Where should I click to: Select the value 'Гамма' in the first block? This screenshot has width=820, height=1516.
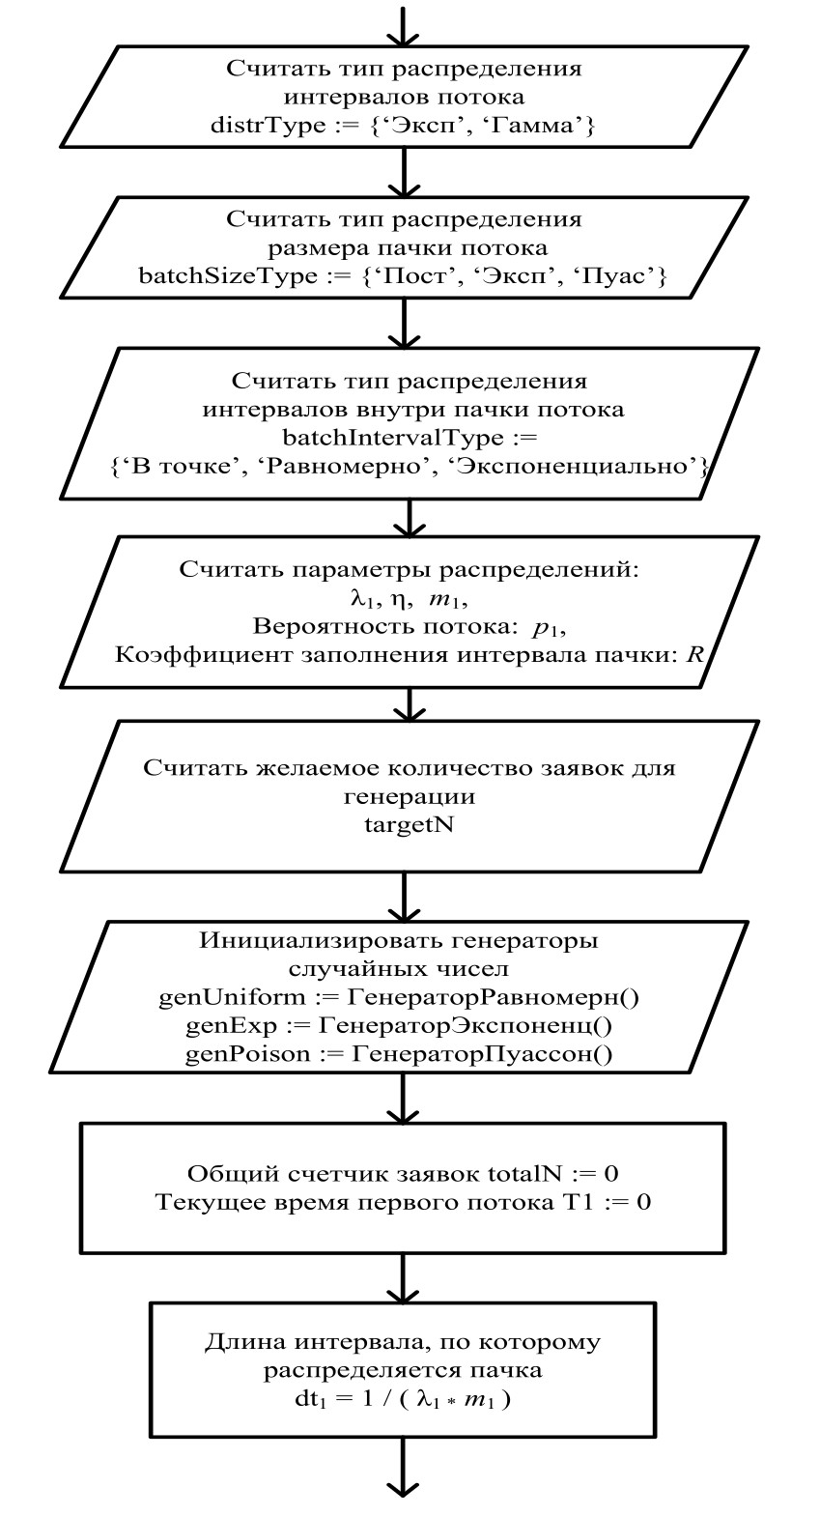pyautogui.click(x=550, y=126)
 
